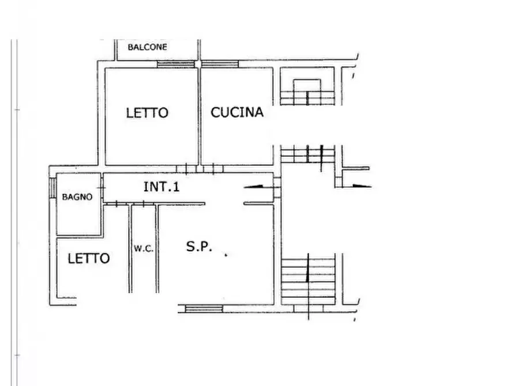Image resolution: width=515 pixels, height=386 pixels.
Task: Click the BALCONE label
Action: (x=148, y=47)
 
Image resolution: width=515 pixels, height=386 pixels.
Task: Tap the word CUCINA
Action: (x=236, y=112)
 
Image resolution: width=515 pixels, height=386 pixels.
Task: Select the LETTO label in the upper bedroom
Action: (x=147, y=113)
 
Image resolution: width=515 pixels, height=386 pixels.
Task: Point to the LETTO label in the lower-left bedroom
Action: (x=89, y=258)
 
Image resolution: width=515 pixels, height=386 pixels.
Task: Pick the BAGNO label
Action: (x=77, y=197)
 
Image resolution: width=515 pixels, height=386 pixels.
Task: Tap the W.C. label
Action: (x=143, y=249)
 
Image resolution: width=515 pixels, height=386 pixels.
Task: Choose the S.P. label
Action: (x=199, y=247)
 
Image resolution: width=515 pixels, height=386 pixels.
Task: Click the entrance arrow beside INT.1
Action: (x=255, y=186)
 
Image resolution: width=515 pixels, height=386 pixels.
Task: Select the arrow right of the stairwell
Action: (x=360, y=186)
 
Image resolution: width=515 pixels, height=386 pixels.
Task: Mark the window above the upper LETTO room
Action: (x=175, y=64)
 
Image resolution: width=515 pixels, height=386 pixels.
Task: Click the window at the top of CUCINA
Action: (x=220, y=64)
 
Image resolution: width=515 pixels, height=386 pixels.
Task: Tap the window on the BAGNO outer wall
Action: (x=52, y=188)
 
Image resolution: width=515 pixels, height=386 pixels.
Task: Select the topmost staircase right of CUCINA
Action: (x=307, y=92)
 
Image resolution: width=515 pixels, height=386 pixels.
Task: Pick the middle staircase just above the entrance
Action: (x=307, y=154)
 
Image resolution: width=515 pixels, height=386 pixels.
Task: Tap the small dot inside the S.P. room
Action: (x=225, y=255)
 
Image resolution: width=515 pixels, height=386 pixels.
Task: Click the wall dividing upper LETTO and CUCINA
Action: (x=200, y=115)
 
